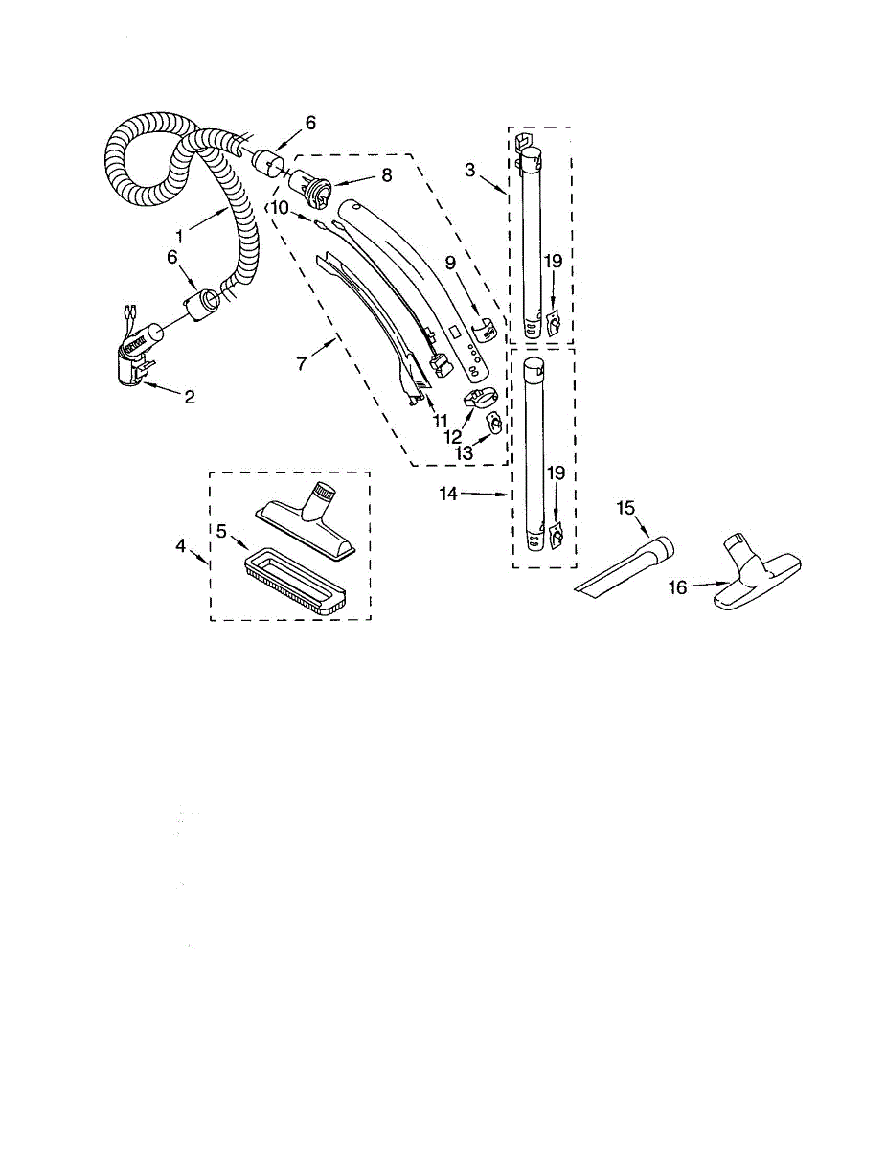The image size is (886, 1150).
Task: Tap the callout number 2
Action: (189, 397)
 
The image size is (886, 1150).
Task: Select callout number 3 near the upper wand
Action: (469, 171)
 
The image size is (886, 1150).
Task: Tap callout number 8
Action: (359, 175)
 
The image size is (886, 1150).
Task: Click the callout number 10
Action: (279, 207)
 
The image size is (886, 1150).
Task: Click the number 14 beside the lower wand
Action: (448, 494)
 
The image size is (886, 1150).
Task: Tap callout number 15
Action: (625, 508)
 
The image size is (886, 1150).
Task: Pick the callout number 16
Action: (678, 587)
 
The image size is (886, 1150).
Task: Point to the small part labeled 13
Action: (493, 423)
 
